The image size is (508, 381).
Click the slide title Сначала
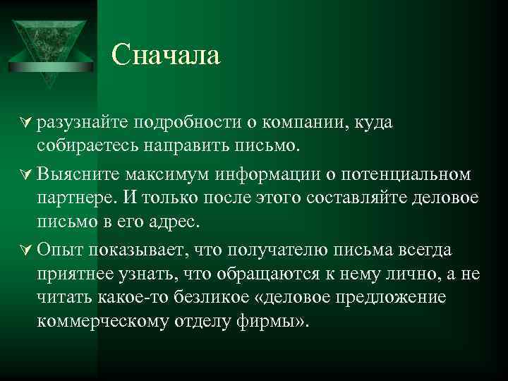coord(167,55)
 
